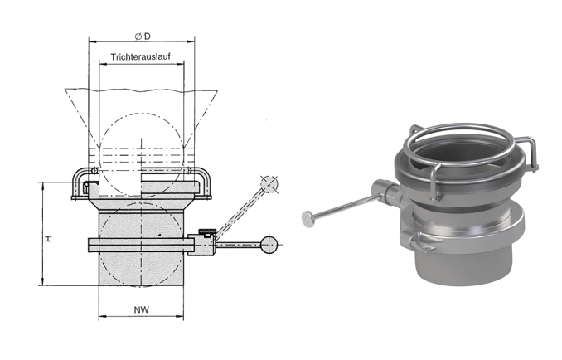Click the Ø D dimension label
143,36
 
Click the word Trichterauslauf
141,57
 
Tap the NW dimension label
142,309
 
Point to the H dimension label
48,238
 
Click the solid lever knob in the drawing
269,245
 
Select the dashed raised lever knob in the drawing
269,184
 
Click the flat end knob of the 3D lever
308,219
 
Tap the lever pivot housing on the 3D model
385,192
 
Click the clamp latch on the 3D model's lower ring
418,241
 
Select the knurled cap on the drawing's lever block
207,230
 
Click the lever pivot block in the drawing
201,245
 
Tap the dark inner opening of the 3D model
463,153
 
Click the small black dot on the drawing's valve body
159,236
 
